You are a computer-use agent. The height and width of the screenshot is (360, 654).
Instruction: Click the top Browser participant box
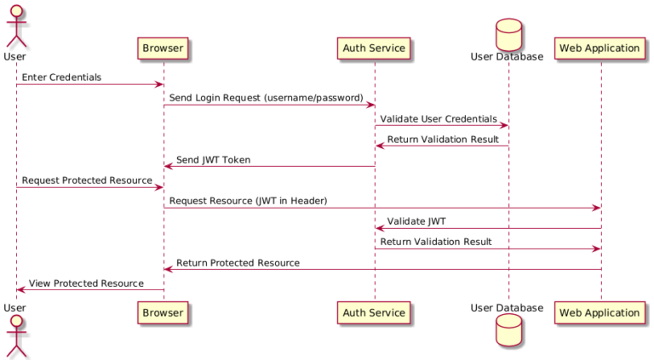click(x=163, y=49)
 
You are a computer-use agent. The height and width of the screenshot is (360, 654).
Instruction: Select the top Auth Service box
click(x=374, y=49)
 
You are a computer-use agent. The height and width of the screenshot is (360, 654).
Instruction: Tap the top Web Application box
click(x=599, y=49)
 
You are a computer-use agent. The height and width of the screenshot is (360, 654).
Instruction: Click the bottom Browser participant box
click(x=163, y=312)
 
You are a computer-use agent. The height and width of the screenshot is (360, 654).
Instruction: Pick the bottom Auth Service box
click(x=374, y=312)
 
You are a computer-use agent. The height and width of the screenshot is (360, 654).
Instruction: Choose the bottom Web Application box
click(x=599, y=312)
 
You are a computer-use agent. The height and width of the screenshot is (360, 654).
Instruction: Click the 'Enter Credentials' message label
click(x=61, y=77)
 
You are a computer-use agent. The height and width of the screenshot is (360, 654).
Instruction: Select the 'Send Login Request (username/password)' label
click(x=266, y=98)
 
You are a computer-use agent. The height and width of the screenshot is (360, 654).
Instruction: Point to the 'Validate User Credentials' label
click(x=439, y=118)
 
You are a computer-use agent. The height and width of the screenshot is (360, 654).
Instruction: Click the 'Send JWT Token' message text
click(x=213, y=160)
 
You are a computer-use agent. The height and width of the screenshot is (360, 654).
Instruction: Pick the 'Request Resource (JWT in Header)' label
click(x=248, y=201)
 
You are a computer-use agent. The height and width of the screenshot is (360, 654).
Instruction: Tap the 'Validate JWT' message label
click(x=416, y=221)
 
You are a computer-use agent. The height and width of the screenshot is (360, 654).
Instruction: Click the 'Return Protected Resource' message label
click(x=238, y=263)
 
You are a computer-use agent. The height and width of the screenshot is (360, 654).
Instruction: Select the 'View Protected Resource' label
click(x=86, y=283)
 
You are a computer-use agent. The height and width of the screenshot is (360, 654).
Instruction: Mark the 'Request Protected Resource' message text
click(x=87, y=180)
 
